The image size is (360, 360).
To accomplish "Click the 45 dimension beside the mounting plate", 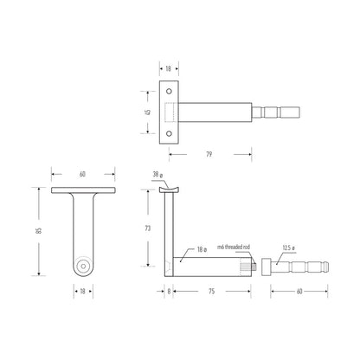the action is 148,112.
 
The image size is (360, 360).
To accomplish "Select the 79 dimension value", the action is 209,154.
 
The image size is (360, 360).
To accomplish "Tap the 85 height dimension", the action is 39,231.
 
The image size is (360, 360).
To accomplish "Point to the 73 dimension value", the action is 148,228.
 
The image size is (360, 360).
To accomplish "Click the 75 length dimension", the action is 212,292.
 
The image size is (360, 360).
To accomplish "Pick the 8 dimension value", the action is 169,292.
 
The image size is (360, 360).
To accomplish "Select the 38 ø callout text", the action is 157,175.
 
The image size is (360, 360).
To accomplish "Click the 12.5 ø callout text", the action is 288,247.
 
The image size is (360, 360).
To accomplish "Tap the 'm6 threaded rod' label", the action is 234,247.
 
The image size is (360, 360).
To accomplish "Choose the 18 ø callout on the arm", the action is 202,250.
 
